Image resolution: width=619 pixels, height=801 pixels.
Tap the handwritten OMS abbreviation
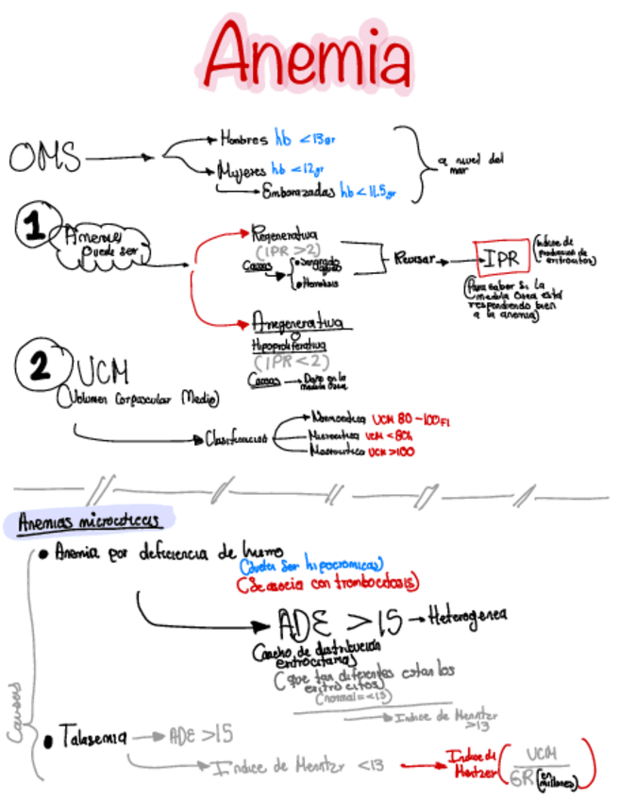coord(45,157)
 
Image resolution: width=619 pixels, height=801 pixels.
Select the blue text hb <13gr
coord(305,138)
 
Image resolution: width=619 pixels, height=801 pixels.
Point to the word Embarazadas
coord(300,193)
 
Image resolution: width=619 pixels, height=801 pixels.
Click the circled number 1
coord(34,225)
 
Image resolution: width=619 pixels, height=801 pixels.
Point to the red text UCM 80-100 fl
coord(410,418)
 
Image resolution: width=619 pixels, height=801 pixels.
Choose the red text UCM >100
coord(392,452)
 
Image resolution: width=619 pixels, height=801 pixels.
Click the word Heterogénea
coord(467,617)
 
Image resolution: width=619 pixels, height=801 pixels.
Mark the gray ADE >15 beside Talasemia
coord(200,735)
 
